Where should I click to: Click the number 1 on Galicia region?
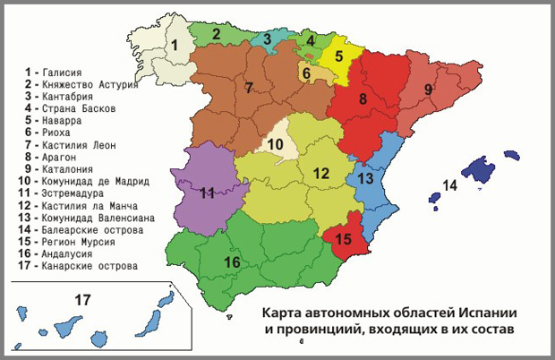(x=175, y=45)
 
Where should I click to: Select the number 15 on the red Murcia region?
(x=344, y=239)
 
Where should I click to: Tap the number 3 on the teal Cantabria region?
(x=267, y=39)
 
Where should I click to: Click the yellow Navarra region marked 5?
(x=339, y=56)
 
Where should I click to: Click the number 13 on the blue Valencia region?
(x=364, y=178)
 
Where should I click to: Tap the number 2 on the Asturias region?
(x=216, y=34)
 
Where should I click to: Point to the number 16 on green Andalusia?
(x=232, y=261)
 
